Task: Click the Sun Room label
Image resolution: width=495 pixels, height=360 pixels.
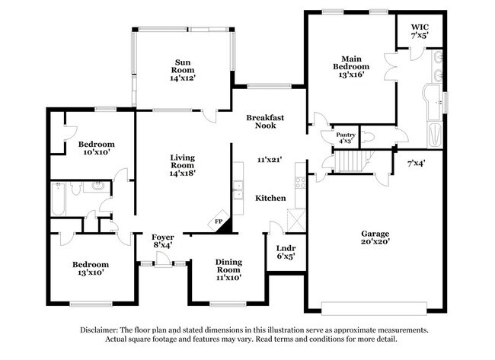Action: tap(183, 68)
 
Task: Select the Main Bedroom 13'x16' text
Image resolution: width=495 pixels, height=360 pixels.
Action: tap(350, 66)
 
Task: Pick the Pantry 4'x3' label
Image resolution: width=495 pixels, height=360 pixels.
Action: tap(345, 138)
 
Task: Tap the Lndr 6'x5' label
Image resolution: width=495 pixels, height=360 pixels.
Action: tap(286, 252)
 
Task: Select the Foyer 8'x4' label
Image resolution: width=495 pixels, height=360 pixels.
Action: tap(162, 241)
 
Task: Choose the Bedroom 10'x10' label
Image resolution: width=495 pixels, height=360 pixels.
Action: tap(96, 148)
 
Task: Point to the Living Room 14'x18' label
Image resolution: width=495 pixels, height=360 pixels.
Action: tap(182, 164)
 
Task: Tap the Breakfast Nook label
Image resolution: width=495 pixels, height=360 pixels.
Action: tap(264, 123)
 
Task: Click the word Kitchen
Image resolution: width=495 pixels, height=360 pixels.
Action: tap(270, 198)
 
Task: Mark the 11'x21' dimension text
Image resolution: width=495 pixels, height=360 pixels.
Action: tap(269, 160)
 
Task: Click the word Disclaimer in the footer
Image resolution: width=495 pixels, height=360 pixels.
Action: tap(104, 330)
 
